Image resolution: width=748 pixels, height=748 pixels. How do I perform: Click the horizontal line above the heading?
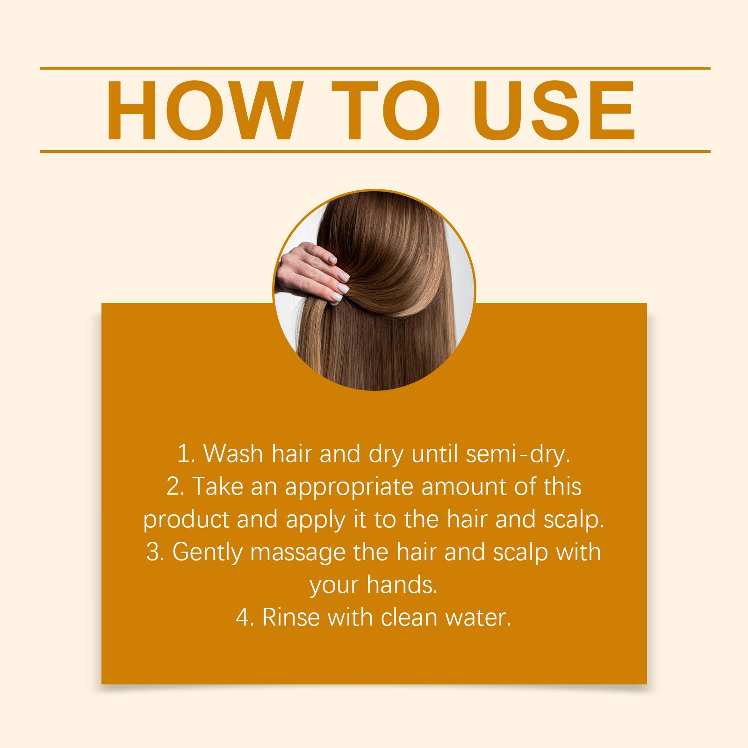click(375, 68)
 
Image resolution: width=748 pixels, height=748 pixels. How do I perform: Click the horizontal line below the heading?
click(375, 151)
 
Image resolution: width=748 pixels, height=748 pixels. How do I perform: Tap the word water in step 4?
click(479, 618)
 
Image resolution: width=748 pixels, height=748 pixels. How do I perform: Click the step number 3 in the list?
click(153, 552)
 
